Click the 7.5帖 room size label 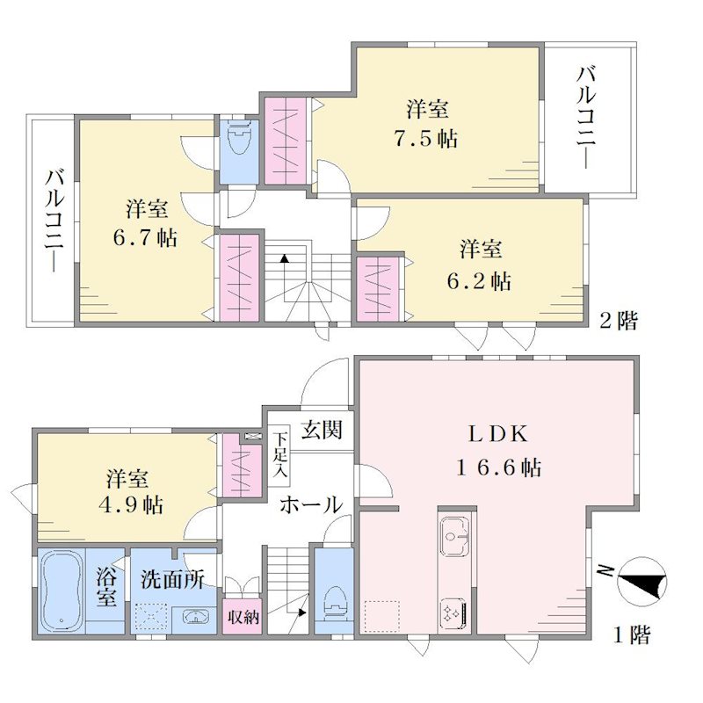[x=426, y=139]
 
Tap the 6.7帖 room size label [x=145, y=237]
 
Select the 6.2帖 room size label [x=479, y=281]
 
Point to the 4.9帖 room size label [x=130, y=505]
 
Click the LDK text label [x=498, y=434]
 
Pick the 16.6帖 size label [x=498, y=468]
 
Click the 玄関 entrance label [x=322, y=429]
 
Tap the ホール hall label [x=311, y=504]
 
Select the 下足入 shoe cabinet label [x=281, y=454]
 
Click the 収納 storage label [x=243, y=617]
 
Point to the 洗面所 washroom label [x=172, y=580]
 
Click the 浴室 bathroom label [x=105, y=587]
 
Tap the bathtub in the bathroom [x=62, y=591]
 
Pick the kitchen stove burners [x=453, y=613]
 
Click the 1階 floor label [x=631, y=634]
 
